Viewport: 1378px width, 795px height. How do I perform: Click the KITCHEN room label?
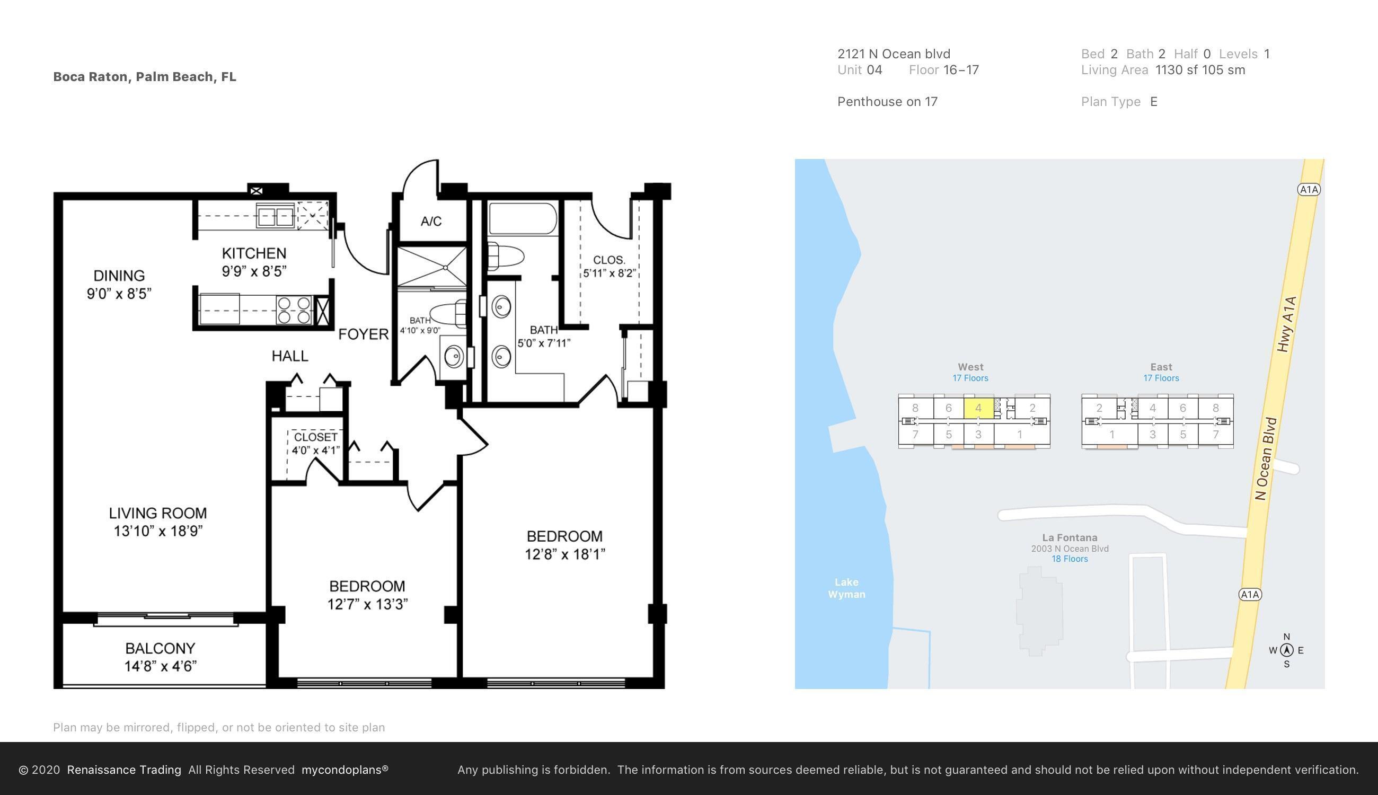click(254, 253)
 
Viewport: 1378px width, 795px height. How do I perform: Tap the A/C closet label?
click(431, 221)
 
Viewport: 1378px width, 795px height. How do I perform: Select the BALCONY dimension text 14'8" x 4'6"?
click(160, 666)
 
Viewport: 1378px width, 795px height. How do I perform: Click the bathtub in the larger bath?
click(523, 219)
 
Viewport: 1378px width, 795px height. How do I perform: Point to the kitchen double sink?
click(275, 217)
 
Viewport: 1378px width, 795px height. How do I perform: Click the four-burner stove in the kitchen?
click(294, 310)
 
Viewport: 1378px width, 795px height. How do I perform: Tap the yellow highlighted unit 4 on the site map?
click(978, 408)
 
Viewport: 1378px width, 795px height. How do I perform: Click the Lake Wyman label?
click(846, 588)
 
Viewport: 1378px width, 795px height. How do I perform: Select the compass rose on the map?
click(1286, 650)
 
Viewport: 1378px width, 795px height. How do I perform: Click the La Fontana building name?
click(1069, 538)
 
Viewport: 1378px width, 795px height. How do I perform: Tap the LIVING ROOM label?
click(158, 513)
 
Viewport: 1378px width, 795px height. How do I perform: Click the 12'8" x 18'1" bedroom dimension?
click(564, 554)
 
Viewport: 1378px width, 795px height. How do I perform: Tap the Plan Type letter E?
click(1153, 102)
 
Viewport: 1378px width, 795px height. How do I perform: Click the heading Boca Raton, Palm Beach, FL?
click(145, 77)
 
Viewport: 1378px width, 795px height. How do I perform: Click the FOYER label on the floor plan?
click(363, 334)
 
